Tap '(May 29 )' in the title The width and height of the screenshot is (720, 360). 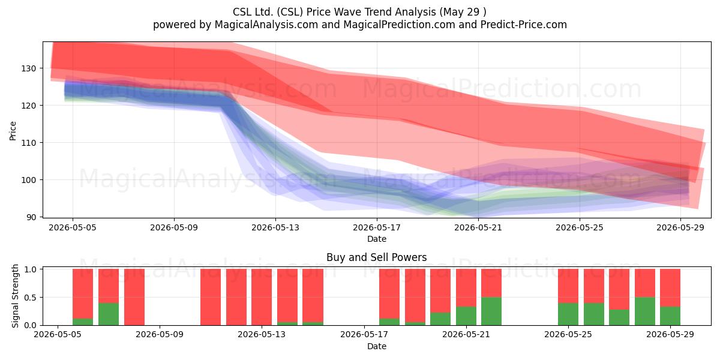click(463, 12)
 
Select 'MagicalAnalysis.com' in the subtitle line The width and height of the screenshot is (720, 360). click(266, 25)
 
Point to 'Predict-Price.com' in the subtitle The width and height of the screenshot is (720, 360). click(524, 25)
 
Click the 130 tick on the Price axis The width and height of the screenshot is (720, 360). click(29, 68)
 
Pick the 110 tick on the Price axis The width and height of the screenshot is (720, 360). click(29, 143)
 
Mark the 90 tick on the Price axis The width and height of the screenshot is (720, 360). click(31, 217)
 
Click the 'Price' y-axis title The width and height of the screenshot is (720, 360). click(13, 131)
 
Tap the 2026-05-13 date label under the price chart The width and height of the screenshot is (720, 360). click(275, 227)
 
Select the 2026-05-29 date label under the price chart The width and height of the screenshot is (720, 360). click(680, 227)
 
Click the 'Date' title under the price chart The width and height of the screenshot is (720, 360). click(377, 239)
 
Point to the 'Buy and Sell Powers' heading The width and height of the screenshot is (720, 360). click(377, 257)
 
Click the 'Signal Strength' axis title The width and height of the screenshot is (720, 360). click(15, 296)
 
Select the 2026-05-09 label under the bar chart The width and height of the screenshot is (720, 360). click(160, 334)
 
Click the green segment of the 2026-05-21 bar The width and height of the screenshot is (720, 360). click(466, 316)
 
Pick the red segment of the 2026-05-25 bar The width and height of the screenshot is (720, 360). click(568, 286)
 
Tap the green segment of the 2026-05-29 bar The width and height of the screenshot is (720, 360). click(670, 316)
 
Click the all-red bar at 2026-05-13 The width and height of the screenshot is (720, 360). click(262, 297)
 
